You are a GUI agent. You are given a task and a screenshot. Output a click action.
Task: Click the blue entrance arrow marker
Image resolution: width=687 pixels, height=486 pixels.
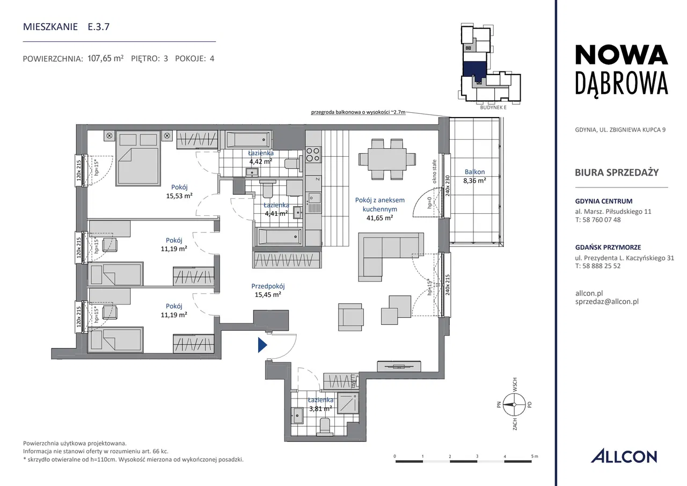[x=262, y=345]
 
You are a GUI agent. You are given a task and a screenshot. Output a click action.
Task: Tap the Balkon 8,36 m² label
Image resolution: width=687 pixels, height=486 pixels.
[x=474, y=176]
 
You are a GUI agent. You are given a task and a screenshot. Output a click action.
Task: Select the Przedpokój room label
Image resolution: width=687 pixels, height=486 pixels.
[x=268, y=286]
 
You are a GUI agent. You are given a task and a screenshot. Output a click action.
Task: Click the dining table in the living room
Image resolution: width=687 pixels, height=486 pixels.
[x=387, y=159]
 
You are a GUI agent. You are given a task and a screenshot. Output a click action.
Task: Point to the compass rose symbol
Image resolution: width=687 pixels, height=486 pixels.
[x=514, y=405]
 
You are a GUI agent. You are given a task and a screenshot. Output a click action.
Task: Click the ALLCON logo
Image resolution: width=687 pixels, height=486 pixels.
[x=624, y=456]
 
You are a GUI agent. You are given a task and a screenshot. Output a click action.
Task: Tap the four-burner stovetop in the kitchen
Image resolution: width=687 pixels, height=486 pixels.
[x=313, y=154]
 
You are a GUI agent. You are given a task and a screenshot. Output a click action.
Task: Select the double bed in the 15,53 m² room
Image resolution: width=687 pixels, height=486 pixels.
[x=138, y=158]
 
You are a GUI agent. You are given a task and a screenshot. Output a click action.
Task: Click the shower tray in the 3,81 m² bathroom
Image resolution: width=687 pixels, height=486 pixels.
[x=348, y=403]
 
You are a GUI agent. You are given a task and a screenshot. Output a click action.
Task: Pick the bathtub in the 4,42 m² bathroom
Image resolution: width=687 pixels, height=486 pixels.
[x=248, y=140]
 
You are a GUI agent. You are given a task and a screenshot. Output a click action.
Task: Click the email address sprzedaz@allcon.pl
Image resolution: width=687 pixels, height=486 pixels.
[x=607, y=302]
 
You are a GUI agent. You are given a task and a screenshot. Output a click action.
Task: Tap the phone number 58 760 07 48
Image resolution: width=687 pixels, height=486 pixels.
[x=602, y=220]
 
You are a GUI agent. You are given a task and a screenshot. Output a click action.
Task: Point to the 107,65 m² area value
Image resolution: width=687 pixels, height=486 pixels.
[x=106, y=58]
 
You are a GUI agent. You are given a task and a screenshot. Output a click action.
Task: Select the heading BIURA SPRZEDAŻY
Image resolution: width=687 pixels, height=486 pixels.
[x=617, y=172]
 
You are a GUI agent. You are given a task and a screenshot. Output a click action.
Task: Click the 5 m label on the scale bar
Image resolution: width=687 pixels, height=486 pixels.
[x=535, y=456]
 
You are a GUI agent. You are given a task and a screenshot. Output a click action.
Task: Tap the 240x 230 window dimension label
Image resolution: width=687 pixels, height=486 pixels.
[x=447, y=186]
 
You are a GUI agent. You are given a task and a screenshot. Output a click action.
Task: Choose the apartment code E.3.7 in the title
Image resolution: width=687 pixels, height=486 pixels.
[x=98, y=27]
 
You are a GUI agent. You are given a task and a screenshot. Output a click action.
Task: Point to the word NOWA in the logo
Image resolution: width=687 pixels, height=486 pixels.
[x=622, y=55]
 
